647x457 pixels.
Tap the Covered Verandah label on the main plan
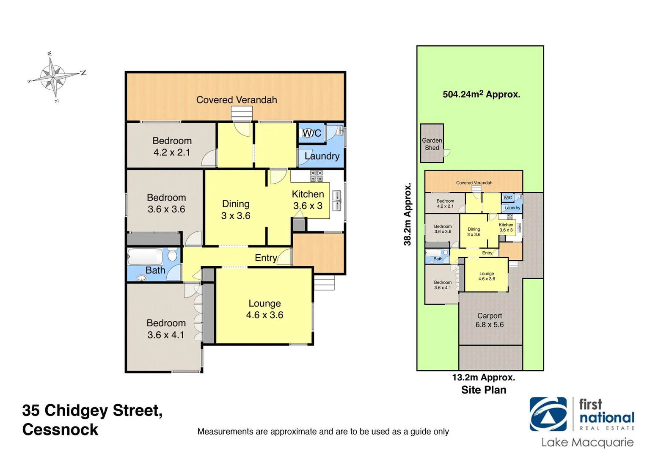click(x=237, y=100)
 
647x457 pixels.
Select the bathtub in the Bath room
click(x=145, y=256)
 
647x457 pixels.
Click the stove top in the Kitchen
click(x=316, y=176)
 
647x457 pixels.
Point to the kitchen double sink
click(x=337, y=201)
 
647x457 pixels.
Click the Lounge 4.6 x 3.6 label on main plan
click(x=264, y=309)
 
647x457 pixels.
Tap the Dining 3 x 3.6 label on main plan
click(x=236, y=210)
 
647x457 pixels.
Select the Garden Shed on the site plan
click(x=432, y=144)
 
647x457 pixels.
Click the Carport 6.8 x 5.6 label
click(x=490, y=320)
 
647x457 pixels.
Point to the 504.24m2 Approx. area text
click(x=481, y=94)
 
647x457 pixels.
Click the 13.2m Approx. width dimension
click(x=484, y=377)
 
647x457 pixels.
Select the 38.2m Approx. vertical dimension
click(x=407, y=214)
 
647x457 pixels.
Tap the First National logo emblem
click(x=548, y=414)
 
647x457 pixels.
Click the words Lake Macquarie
click(x=587, y=443)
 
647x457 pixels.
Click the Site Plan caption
click(x=484, y=390)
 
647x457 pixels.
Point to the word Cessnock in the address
click(x=60, y=429)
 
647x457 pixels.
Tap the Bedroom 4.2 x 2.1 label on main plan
click(x=172, y=146)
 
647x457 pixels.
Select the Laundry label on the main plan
click(x=322, y=156)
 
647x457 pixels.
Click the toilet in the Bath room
click(x=172, y=255)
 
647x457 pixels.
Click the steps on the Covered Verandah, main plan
click(x=242, y=114)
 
